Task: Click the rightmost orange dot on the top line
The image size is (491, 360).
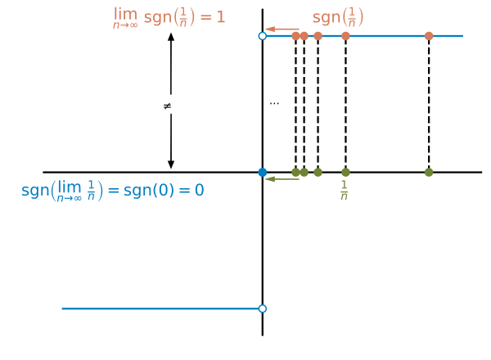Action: pos(429,36)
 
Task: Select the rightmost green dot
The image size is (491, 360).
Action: pos(429,172)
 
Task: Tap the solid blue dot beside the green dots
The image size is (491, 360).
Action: pos(262,172)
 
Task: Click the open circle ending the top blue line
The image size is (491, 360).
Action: pos(262,36)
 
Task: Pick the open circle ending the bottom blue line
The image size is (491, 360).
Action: pos(262,308)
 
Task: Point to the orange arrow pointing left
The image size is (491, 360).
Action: pos(282,29)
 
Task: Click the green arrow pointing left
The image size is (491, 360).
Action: pos(282,178)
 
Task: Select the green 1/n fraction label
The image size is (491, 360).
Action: pos(345,191)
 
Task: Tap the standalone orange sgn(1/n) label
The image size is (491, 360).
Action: pos(338,17)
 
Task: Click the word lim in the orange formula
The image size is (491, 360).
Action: pos(125,14)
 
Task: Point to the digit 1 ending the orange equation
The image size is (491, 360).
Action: pos(221,17)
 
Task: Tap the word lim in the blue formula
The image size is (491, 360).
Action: pos(70,187)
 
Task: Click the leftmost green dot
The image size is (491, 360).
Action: pos(295,172)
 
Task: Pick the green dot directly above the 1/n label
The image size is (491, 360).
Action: pos(345,172)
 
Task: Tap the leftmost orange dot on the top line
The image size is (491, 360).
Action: pos(295,36)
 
